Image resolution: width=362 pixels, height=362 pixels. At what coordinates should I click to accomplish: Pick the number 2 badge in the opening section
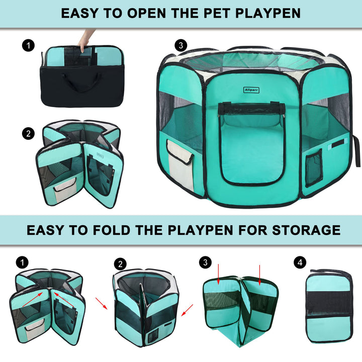(x=28, y=134)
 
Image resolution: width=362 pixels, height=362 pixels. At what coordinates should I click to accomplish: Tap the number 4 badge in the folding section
(x=300, y=262)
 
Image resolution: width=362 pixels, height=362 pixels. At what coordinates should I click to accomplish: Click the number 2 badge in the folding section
(x=120, y=263)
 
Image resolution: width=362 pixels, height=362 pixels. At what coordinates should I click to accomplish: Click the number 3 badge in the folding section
(x=204, y=262)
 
